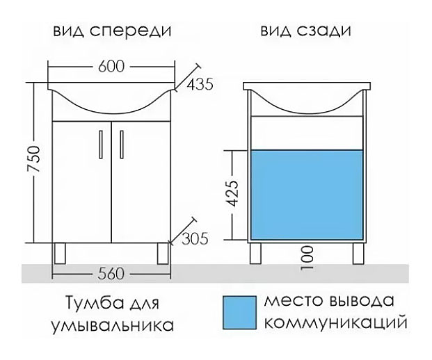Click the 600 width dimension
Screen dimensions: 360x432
[x=111, y=67]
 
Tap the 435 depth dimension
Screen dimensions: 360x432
[x=198, y=85]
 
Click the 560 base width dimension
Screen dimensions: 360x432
[x=111, y=273]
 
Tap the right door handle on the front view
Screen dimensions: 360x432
[x=120, y=144]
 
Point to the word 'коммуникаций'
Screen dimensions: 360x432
[x=333, y=322]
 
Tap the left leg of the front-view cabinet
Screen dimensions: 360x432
[x=61, y=253]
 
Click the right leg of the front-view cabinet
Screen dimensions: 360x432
[x=162, y=253]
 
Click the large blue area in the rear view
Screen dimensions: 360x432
[x=307, y=195]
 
